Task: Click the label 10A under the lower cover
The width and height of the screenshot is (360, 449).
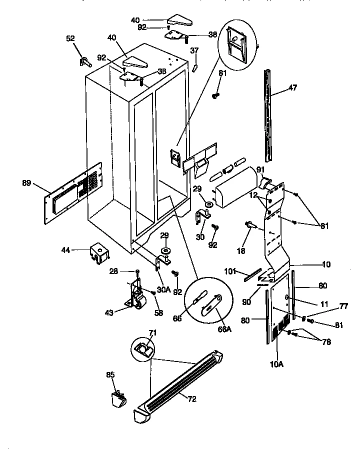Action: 276,364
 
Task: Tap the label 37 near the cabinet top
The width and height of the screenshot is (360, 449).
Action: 194,50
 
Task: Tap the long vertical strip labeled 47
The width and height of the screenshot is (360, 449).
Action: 268,115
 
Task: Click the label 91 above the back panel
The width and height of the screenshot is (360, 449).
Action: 260,169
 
